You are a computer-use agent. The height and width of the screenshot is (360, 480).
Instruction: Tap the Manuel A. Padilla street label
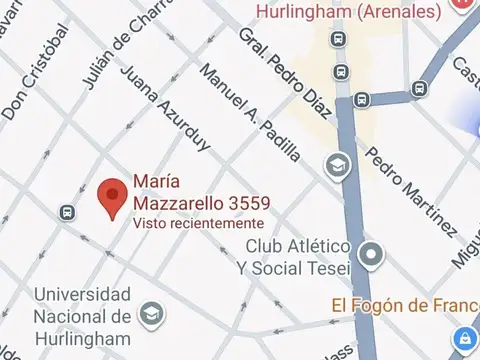(251, 113)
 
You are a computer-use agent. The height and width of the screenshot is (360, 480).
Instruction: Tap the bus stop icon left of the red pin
(67, 212)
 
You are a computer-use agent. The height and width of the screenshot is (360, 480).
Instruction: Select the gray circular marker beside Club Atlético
(371, 253)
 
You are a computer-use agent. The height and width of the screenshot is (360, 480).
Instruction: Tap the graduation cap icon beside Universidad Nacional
(151, 314)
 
